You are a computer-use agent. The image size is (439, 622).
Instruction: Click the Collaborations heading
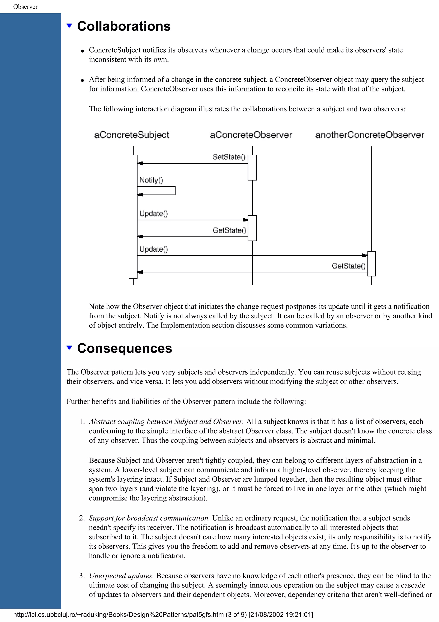click(124, 26)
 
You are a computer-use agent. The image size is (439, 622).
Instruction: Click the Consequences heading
click(124, 348)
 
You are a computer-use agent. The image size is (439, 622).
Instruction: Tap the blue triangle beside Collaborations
click(69, 26)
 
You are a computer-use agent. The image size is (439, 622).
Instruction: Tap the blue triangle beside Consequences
click(69, 348)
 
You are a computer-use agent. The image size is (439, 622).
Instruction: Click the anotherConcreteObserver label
click(370, 135)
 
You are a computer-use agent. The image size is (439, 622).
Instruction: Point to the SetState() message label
click(229, 157)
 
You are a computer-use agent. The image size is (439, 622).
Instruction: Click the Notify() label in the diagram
click(151, 180)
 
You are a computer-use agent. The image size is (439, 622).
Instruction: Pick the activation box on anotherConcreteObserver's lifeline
click(371, 264)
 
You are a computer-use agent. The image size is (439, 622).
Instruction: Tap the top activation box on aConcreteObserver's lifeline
click(252, 168)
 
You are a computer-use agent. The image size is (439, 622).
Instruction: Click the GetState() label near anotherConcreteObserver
click(348, 266)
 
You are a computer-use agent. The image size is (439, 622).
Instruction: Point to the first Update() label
click(153, 214)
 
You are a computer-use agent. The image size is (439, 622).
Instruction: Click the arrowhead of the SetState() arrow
click(140, 163)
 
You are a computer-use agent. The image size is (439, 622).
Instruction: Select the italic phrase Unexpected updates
click(121, 575)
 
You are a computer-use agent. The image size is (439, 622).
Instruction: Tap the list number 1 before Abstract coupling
click(82, 421)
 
